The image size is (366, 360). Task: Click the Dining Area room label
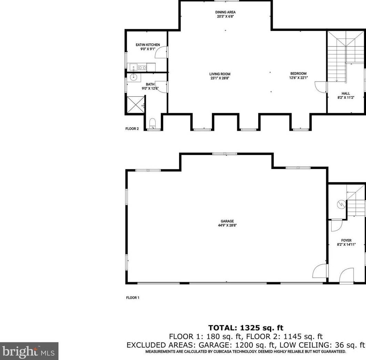click(x=225, y=12)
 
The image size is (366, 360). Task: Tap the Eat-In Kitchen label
click(x=148, y=45)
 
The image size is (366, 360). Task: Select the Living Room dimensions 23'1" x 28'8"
click(x=220, y=78)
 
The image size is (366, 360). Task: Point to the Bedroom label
click(x=298, y=74)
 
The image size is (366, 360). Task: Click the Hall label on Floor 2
click(x=346, y=94)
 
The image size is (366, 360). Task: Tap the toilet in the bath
click(x=153, y=123)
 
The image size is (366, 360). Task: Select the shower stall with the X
click(x=135, y=105)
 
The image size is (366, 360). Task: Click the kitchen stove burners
click(x=142, y=68)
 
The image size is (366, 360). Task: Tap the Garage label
click(x=227, y=221)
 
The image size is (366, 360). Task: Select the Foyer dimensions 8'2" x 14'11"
click(x=346, y=244)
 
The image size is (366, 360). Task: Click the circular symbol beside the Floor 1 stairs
click(x=341, y=205)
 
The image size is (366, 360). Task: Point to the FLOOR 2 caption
click(x=132, y=129)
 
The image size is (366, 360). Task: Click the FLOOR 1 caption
click(x=133, y=297)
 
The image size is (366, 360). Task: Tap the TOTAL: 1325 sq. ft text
click(x=246, y=328)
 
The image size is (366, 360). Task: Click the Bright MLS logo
click(x=29, y=351)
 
